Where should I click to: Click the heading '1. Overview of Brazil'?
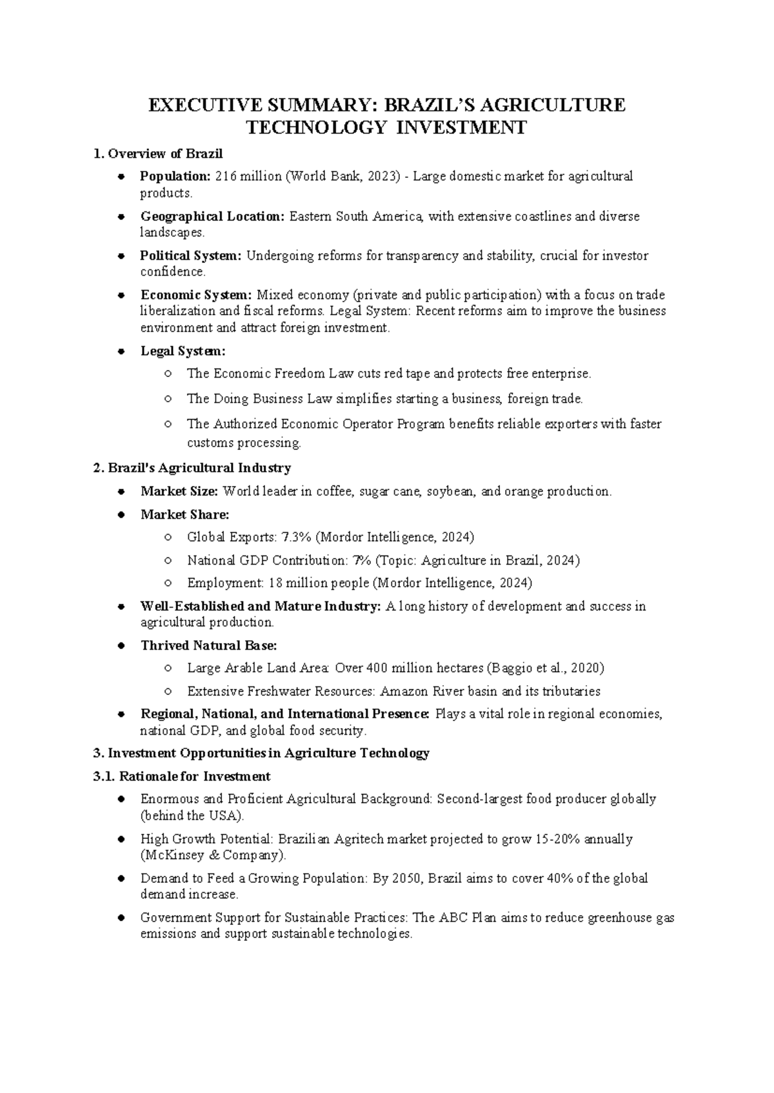point(158,154)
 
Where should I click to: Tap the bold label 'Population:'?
point(175,177)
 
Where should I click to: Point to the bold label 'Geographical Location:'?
point(212,217)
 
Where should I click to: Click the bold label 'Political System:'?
point(191,256)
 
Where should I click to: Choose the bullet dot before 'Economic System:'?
point(121,296)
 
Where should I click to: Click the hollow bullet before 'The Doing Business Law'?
point(168,399)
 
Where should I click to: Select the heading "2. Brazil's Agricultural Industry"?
point(192,468)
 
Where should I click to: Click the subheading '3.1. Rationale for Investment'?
point(182,777)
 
